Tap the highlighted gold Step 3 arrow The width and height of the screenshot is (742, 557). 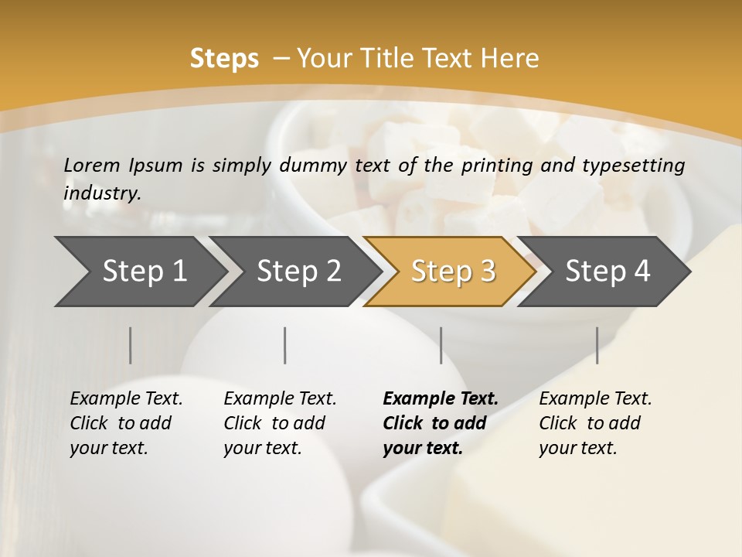point(453,272)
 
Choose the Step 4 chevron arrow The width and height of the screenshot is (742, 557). point(608,272)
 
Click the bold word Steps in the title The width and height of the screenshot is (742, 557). point(224,58)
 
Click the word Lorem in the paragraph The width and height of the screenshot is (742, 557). point(91,165)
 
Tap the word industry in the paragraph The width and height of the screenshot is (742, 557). point(101,193)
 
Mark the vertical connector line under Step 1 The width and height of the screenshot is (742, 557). point(131,345)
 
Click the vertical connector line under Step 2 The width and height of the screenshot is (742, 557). point(285,345)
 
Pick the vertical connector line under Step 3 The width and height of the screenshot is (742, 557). point(441,345)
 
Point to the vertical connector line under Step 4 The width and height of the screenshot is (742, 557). point(597,345)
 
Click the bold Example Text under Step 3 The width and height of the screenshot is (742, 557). point(441,399)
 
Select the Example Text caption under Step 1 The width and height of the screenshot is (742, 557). point(126,399)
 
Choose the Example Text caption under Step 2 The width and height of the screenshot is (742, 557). point(280,399)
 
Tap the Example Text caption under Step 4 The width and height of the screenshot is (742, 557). point(595,399)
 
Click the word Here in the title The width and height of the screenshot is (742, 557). point(509,58)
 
